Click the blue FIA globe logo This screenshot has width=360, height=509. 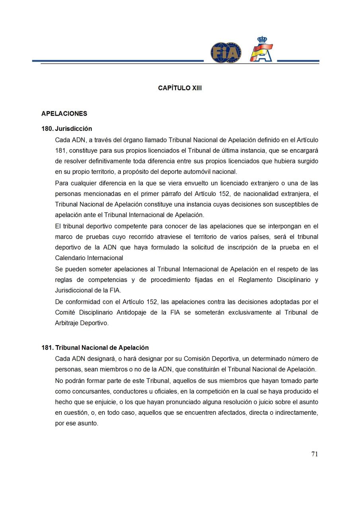point(226,52)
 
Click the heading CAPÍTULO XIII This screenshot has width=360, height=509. point(180,88)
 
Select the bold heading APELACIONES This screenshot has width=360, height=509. point(64,114)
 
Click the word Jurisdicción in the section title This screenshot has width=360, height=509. point(74,129)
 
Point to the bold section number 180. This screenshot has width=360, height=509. point(47,129)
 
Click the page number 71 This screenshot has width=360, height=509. point(314,454)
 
